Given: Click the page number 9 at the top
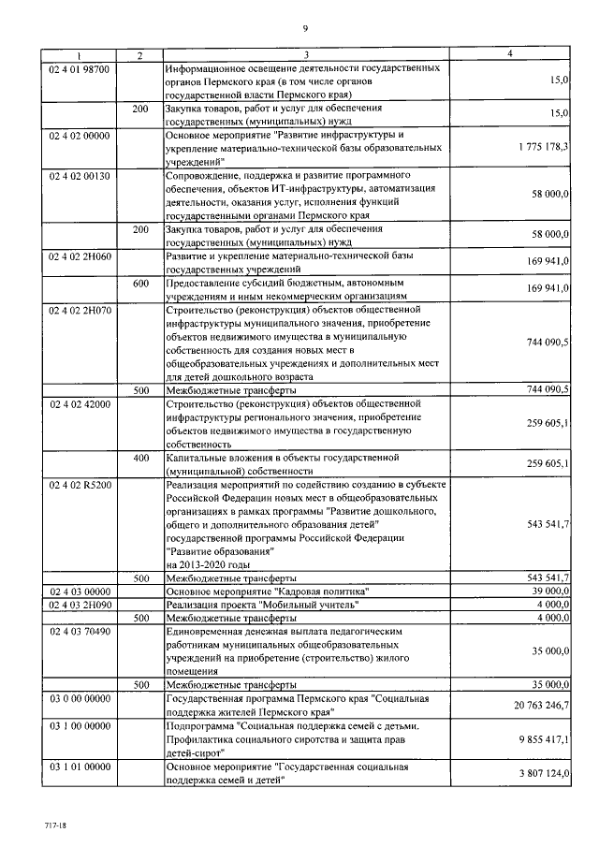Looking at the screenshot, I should pyautogui.click(x=305, y=27).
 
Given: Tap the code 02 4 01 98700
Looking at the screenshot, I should pyautogui.click(x=80, y=69).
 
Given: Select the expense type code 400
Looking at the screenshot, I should pyautogui.click(x=140, y=459).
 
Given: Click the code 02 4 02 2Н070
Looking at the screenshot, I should pyautogui.click(x=80, y=309).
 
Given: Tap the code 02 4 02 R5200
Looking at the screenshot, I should pyautogui.click(x=80, y=486).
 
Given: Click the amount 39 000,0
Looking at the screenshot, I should pyautogui.click(x=547, y=591).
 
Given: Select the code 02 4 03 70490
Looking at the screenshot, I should pyautogui.click(x=80, y=632).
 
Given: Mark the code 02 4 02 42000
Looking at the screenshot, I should pyautogui.click(x=80, y=404).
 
